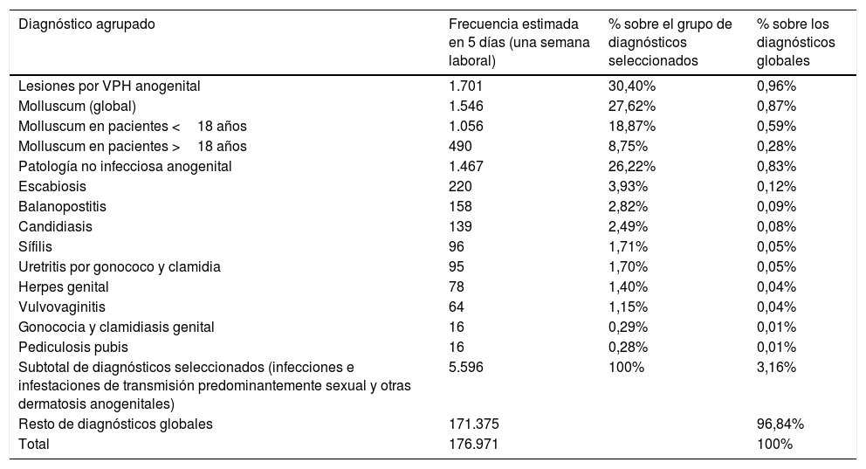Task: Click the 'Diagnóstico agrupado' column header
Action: pos(87,24)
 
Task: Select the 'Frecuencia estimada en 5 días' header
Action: pos(519,43)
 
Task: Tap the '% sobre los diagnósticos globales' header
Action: pos(795,43)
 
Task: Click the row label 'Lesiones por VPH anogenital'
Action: pos(110,86)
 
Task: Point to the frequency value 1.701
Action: pos(465,86)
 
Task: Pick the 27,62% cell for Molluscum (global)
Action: pos(632,106)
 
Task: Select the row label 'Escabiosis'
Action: pos(53,186)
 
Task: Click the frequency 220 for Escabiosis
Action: pos(459,186)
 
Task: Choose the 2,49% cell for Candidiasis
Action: pos(629,226)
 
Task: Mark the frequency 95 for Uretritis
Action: pos(456,266)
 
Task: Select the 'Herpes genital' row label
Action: pos(64,286)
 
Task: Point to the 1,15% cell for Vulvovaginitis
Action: pos(629,307)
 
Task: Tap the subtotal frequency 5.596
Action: pos(465,367)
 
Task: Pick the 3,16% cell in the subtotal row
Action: pos(776,367)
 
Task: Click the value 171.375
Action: pos(473,424)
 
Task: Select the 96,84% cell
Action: pos(780,424)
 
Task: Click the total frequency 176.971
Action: pos(473,444)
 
